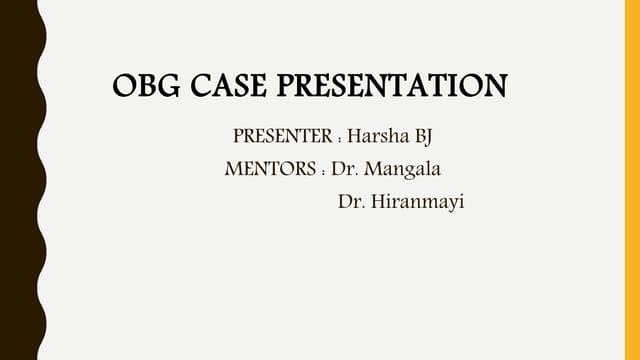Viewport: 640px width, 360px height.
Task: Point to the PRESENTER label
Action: click(282, 136)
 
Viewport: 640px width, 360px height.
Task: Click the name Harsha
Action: click(377, 136)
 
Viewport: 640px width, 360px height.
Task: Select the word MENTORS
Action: click(272, 169)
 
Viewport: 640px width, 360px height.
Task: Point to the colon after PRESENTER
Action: click(339, 138)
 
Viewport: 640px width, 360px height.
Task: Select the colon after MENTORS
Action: click(323, 171)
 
